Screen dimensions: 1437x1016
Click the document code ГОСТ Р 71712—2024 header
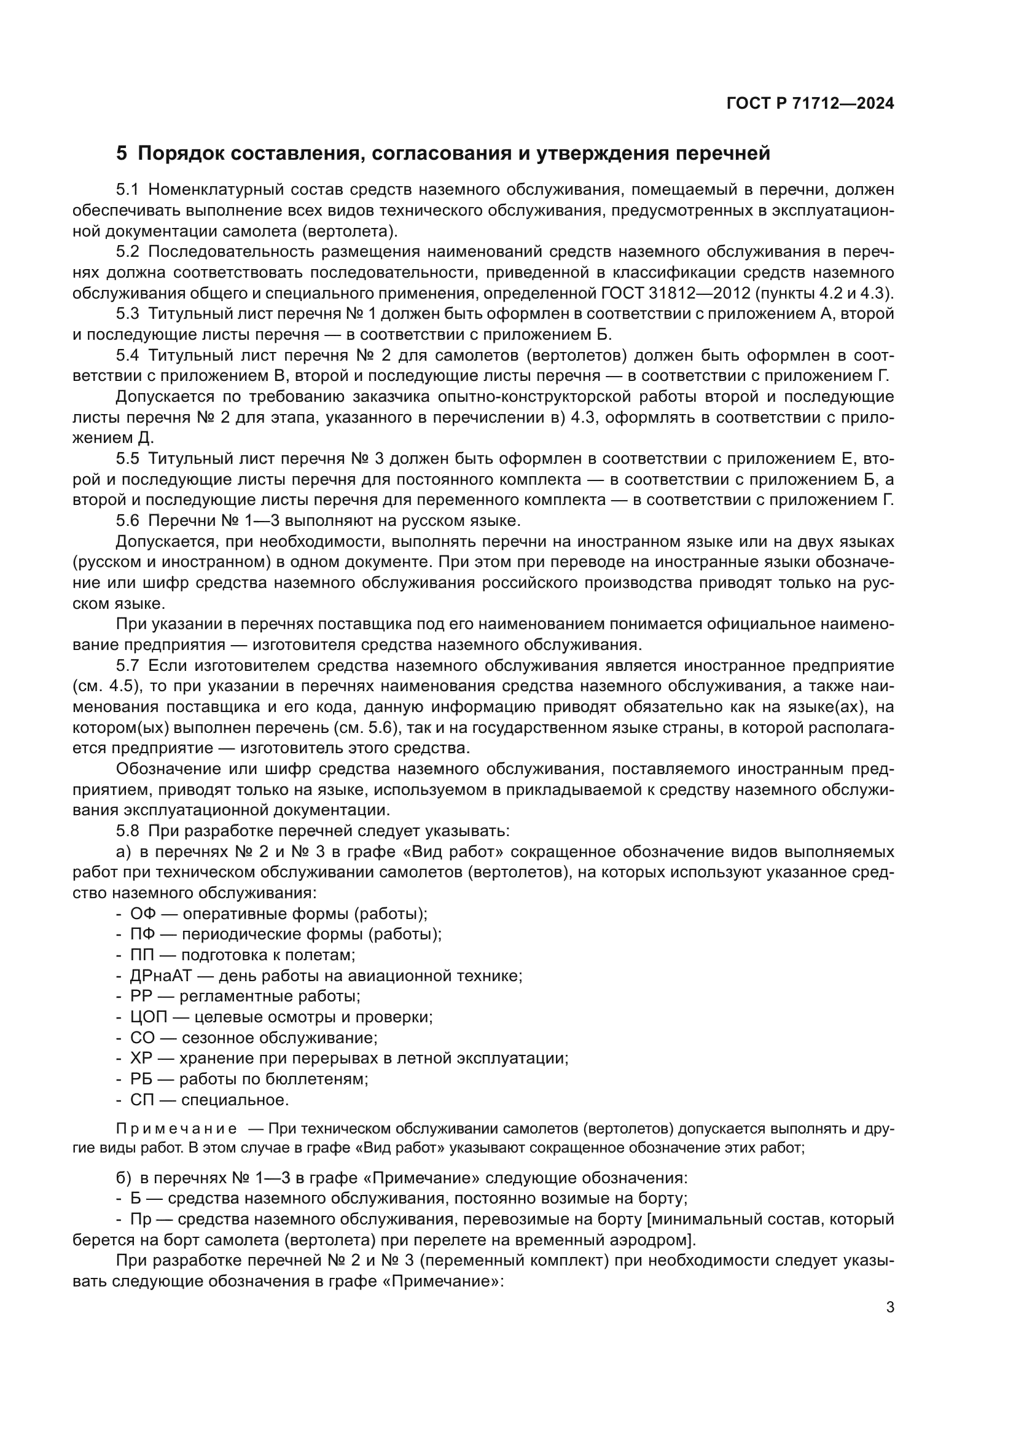pyautogui.click(x=810, y=104)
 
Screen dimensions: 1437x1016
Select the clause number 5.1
pyautogui.click(x=128, y=190)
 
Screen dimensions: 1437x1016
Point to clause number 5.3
pyautogui.click(x=128, y=313)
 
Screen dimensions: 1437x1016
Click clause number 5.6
pyautogui.click(x=128, y=520)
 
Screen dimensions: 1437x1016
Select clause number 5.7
pyautogui.click(x=128, y=665)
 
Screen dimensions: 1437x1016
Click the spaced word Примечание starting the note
pyautogui.click(x=176, y=1129)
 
